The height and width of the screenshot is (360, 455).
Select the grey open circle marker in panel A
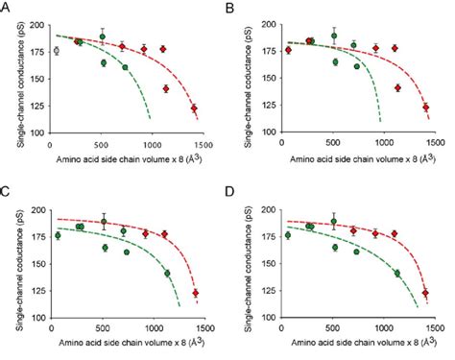(56, 51)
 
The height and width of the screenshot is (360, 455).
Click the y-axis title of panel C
(12, 259)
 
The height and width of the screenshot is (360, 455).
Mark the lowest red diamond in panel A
(193, 108)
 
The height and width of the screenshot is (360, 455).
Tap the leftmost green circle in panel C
(57, 235)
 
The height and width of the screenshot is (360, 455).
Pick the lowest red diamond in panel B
(425, 108)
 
